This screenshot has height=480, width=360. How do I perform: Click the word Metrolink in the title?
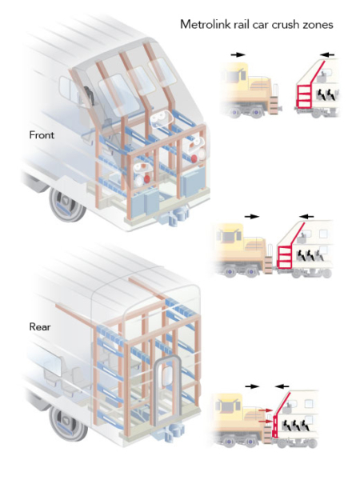coord(206,24)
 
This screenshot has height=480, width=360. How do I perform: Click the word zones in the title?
coord(318,25)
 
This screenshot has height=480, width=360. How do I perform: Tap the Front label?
coord(42,135)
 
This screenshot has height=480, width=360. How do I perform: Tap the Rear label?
coord(40,326)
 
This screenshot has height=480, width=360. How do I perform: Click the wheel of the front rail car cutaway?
coord(66,202)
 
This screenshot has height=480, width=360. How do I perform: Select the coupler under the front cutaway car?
coord(173,215)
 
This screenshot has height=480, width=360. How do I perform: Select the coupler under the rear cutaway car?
coord(171,432)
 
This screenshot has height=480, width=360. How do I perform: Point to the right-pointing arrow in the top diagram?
coord(238,54)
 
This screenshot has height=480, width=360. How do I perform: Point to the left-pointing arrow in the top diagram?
coord(327,54)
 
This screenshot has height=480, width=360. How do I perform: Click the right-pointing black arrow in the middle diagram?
coord(252,217)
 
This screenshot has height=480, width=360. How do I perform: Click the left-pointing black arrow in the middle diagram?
coord(306,217)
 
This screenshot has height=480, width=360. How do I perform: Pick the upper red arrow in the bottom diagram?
coord(265,410)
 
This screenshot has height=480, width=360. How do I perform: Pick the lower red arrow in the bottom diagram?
coord(265,422)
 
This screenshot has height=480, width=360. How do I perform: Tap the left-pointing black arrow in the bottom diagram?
coord(282,386)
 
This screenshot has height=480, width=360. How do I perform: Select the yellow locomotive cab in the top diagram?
coord(234,74)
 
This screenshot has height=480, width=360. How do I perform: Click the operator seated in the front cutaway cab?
coord(89,95)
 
